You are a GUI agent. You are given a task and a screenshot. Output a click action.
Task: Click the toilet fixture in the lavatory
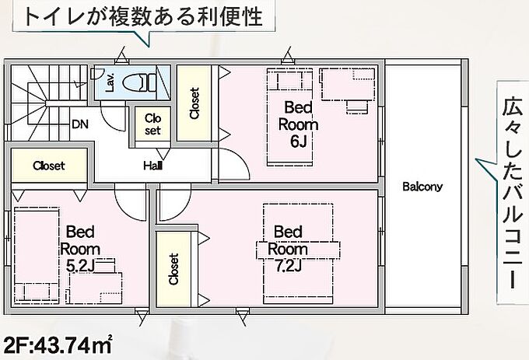tap(139, 82)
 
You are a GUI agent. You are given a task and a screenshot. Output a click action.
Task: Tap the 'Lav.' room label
tap(110, 83)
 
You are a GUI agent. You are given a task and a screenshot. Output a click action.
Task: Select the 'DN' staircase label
tap(80, 124)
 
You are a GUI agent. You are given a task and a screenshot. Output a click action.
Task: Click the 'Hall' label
tap(152, 166)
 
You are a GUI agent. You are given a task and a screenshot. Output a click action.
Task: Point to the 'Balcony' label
tap(422, 187)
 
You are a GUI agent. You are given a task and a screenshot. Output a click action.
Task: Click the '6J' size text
tap(298, 142)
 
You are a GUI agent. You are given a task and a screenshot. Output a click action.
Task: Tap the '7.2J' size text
tap(287, 266)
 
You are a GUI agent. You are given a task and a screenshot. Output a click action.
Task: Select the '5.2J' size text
tap(80, 266)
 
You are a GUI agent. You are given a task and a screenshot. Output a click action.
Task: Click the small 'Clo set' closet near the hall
tap(152, 124)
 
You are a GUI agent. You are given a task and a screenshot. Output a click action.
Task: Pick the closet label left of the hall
tap(49, 166)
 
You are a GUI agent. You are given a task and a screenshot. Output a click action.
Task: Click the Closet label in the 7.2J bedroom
tap(173, 269)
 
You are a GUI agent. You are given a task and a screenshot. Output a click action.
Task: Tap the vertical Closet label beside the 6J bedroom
tap(194, 103)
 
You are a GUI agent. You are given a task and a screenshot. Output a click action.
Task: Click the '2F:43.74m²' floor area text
tap(58, 344)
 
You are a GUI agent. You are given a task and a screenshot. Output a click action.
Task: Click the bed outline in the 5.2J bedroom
tap(37, 253)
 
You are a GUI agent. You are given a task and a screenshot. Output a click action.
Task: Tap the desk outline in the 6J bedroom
tap(348, 85)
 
